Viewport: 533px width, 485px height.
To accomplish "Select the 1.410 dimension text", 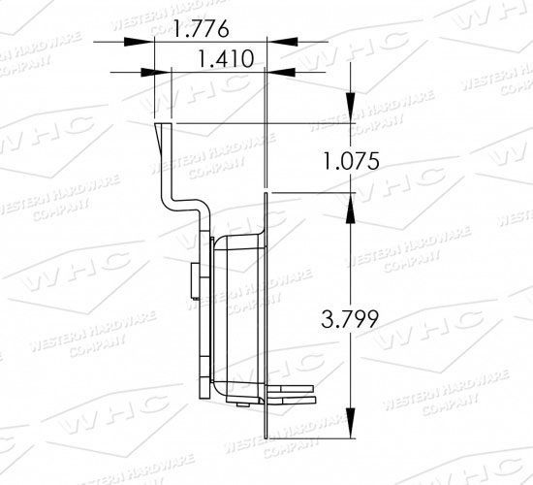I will point(225,59).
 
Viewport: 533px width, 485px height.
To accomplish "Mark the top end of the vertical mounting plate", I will point(265,194).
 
